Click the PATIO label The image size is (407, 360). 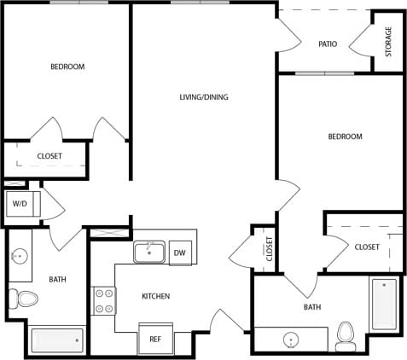(328, 44)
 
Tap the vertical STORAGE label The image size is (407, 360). (389, 42)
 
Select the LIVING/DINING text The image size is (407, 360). (203, 97)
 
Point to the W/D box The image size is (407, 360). (19, 205)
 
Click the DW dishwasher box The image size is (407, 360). (179, 253)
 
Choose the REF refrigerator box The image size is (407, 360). (155, 339)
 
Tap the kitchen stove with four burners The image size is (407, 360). (104, 300)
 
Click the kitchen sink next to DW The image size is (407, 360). (149, 253)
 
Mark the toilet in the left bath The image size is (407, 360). (26, 299)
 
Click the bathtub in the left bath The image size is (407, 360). (57, 340)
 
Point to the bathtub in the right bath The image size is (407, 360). (383, 304)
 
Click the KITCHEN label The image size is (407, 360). (155, 296)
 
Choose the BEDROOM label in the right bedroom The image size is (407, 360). (346, 136)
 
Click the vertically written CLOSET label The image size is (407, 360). (269, 248)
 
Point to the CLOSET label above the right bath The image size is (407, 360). (367, 247)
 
